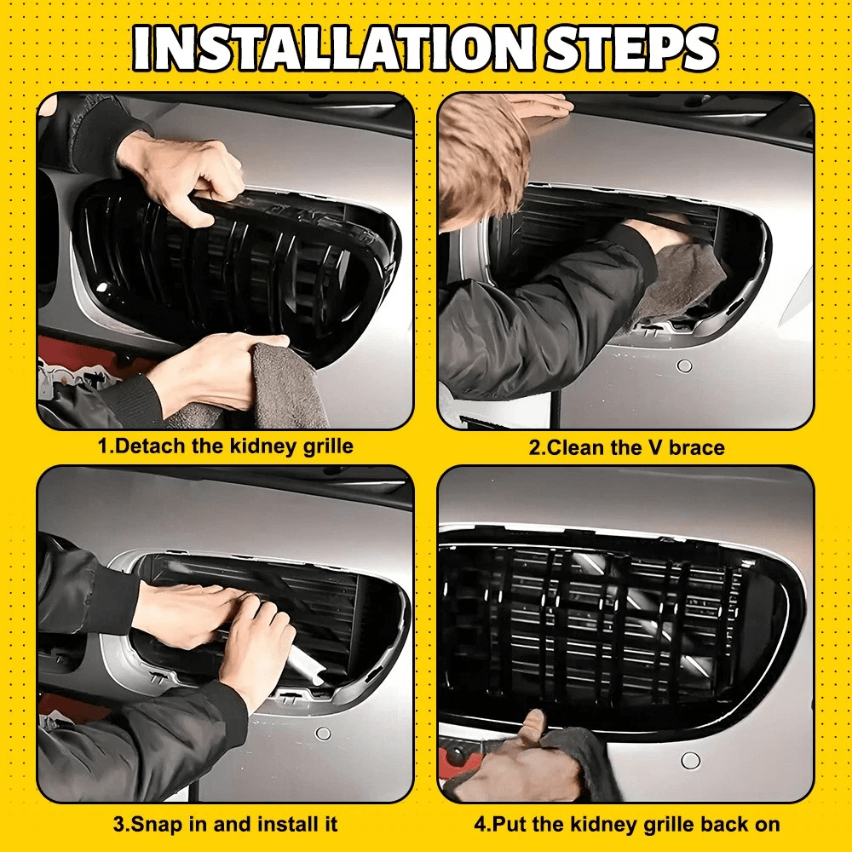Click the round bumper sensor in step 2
click(685, 366)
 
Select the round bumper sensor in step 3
click(323, 734)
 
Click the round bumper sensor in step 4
click(691, 761)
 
